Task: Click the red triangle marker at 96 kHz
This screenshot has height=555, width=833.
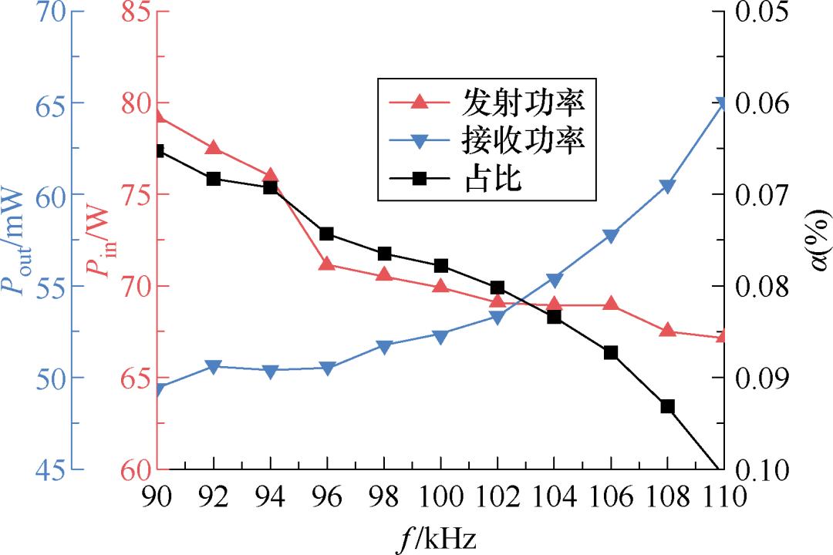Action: pyautogui.click(x=327, y=264)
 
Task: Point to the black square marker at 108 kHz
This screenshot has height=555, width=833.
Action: pyautogui.click(x=667, y=406)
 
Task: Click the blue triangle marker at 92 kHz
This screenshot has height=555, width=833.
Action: pyautogui.click(x=214, y=367)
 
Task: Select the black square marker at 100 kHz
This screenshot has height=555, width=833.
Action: pyautogui.click(x=441, y=266)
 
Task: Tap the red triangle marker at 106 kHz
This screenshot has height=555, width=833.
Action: pyautogui.click(x=611, y=304)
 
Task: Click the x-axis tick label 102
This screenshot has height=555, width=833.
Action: pyautogui.click(x=497, y=497)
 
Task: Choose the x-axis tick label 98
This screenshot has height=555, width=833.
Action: pyautogui.click(x=384, y=497)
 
